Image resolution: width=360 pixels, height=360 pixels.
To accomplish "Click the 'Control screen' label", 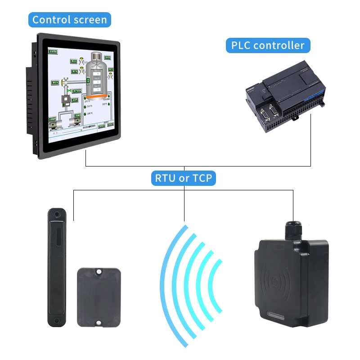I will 70,20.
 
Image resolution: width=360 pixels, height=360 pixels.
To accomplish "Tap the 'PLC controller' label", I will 268,45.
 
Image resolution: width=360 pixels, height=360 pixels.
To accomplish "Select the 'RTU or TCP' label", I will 184,178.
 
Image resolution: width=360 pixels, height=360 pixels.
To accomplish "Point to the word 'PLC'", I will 240,45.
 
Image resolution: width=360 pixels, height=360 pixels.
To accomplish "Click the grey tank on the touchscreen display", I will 96,74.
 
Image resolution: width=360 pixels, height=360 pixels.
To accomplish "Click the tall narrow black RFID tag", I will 57,265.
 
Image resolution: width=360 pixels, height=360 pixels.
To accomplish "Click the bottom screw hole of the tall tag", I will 56,320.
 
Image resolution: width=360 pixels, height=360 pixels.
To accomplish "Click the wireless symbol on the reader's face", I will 275,283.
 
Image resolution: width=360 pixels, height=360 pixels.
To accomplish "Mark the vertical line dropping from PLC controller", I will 311,139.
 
